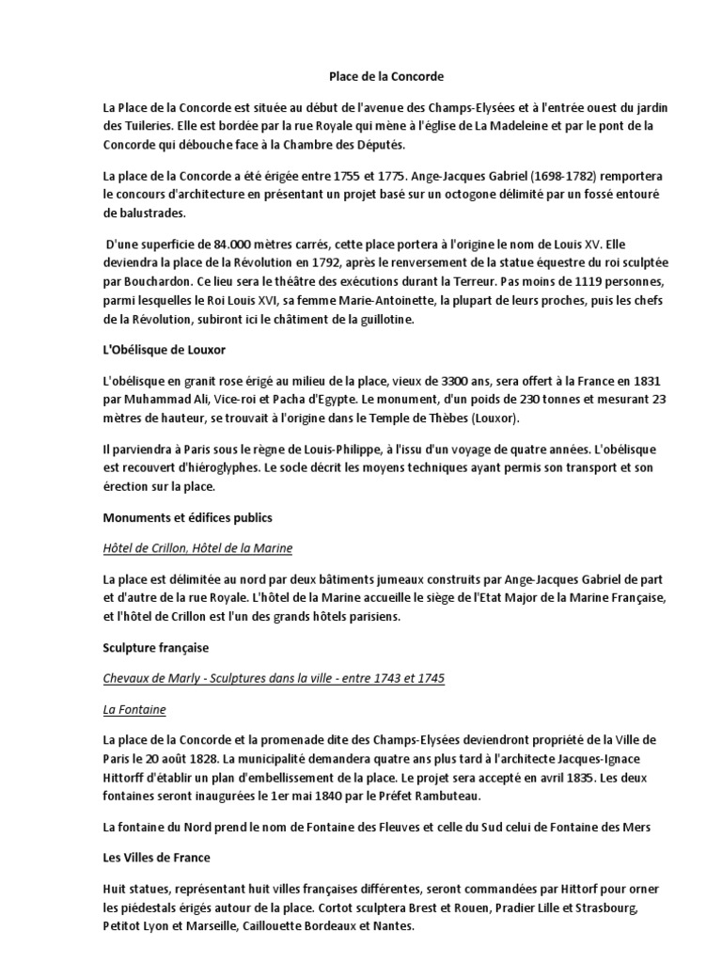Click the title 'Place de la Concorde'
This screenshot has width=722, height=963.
[x=361, y=75]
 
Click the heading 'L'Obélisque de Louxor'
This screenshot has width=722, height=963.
[x=164, y=350]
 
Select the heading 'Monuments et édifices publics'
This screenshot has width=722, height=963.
[x=187, y=515]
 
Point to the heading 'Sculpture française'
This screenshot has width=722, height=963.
[x=155, y=649]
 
